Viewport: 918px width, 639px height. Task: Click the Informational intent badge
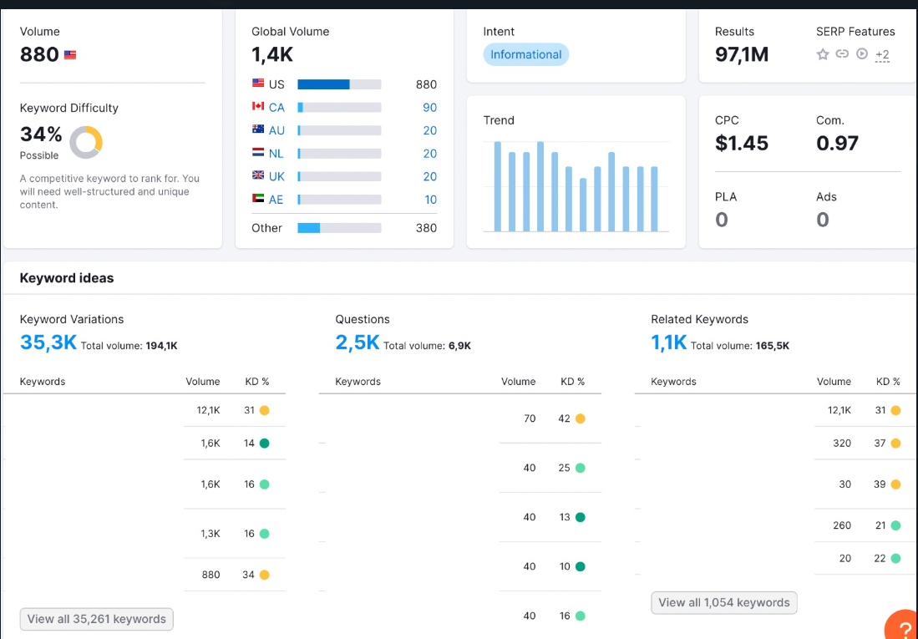pos(525,54)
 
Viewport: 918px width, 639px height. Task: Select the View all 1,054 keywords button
pos(724,603)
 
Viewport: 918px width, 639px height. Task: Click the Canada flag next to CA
pos(258,107)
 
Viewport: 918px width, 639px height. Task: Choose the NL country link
pos(276,154)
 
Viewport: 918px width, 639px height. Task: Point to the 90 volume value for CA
pos(429,108)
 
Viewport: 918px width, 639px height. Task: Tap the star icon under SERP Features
pos(823,54)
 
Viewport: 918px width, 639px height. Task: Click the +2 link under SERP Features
pos(882,55)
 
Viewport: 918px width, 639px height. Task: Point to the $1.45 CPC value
pos(742,144)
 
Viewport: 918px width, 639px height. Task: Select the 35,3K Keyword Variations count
pos(48,342)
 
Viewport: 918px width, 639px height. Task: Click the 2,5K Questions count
pos(358,342)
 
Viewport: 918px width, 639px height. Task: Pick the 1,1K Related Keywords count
pos(668,342)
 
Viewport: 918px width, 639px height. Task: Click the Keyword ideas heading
pos(67,278)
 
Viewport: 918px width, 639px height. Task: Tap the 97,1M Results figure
pos(742,54)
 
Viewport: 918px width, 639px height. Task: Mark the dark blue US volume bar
pos(324,84)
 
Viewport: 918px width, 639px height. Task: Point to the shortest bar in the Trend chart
pos(583,205)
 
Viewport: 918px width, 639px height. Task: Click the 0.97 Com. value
pos(837,144)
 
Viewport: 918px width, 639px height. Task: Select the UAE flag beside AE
pos(258,199)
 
